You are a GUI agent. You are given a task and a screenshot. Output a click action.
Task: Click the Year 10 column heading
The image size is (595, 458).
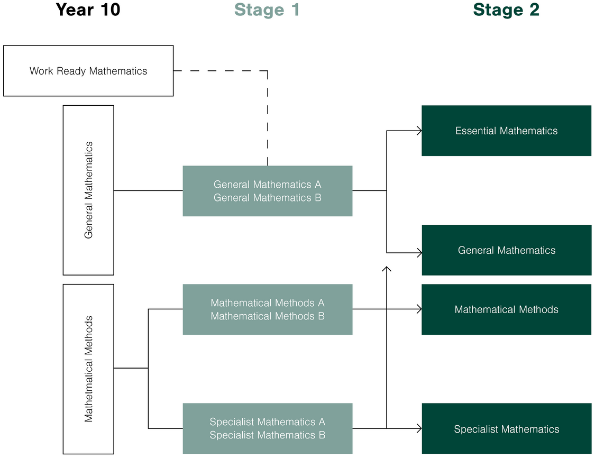pos(88,10)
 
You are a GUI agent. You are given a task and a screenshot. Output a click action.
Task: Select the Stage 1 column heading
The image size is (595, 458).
pos(267,10)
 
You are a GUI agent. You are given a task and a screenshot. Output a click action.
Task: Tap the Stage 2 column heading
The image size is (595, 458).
pos(506,10)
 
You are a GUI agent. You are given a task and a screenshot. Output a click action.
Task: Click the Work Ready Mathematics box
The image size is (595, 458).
pos(88,71)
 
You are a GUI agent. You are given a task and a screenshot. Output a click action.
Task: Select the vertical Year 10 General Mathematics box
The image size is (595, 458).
pos(88,190)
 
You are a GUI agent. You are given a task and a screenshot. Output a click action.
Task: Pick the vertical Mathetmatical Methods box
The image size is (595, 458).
pos(88,369)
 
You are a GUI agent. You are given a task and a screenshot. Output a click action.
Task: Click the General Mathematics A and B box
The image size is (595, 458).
pos(267,191)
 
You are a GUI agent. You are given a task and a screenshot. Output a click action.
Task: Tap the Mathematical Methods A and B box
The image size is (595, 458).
pos(267,309)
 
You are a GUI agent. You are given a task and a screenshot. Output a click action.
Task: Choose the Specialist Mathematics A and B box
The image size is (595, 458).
pos(267,428)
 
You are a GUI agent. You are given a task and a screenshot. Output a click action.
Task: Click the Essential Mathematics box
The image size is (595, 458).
pos(506,131)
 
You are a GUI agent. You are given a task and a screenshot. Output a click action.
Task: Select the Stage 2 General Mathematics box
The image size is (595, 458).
pos(506,250)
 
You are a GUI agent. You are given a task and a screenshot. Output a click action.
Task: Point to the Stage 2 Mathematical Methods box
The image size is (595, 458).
pos(506,309)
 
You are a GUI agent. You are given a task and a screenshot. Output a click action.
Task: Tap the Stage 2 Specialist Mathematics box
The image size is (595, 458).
pos(506,429)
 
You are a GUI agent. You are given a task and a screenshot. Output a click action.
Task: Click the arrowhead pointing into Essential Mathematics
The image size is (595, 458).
pos(419,131)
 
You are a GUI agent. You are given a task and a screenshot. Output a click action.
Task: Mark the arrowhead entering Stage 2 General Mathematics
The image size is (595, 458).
pos(419,253)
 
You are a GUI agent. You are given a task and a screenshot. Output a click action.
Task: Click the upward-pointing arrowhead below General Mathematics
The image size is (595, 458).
pos(387,269)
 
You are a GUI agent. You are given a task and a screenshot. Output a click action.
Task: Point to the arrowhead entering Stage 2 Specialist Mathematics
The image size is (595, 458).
pos(419,428)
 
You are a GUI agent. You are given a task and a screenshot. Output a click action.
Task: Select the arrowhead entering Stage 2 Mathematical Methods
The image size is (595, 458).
pos(419,309)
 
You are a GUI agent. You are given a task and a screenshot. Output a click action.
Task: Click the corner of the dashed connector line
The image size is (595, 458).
pos(268,70)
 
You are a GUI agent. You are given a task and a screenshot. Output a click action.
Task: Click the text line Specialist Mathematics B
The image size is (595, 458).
pos(267,435)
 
